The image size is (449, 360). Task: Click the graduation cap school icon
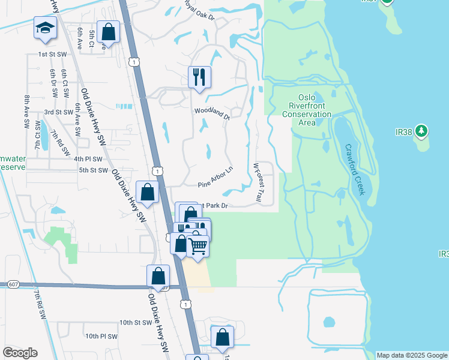(x=45, y=29)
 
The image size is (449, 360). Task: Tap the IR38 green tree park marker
(x=422, y=131)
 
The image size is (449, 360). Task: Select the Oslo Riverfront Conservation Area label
(x=307, y=110)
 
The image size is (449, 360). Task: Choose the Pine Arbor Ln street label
(x=214, y=178)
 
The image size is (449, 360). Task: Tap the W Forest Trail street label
(x=258, y=182)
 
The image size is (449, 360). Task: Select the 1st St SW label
(x=51, y=55)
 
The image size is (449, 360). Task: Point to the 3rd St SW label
(x=59, y=112)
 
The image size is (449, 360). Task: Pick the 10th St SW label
(x=134, y=323)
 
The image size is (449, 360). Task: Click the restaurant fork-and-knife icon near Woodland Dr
(x=199, y=77)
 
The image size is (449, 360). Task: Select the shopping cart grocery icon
(x=197, y=246)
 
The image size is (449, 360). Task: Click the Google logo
(x=20, y=353)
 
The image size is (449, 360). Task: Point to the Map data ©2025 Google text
(x=412, y=355)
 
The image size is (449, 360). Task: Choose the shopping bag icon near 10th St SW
(x=222, y=338)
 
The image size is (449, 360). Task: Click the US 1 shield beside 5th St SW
(x=157, y=172)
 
